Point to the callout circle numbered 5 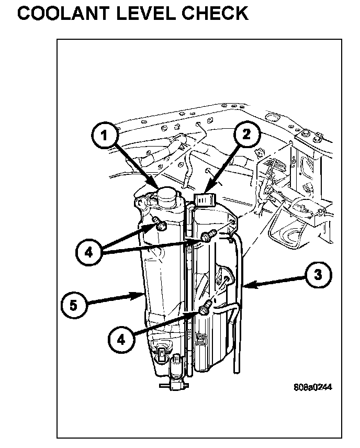(x=74, y=305)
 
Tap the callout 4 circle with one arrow (x=122, y=339)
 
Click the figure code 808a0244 (x=313, y=388)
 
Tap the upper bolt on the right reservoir (x=208, y=237)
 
